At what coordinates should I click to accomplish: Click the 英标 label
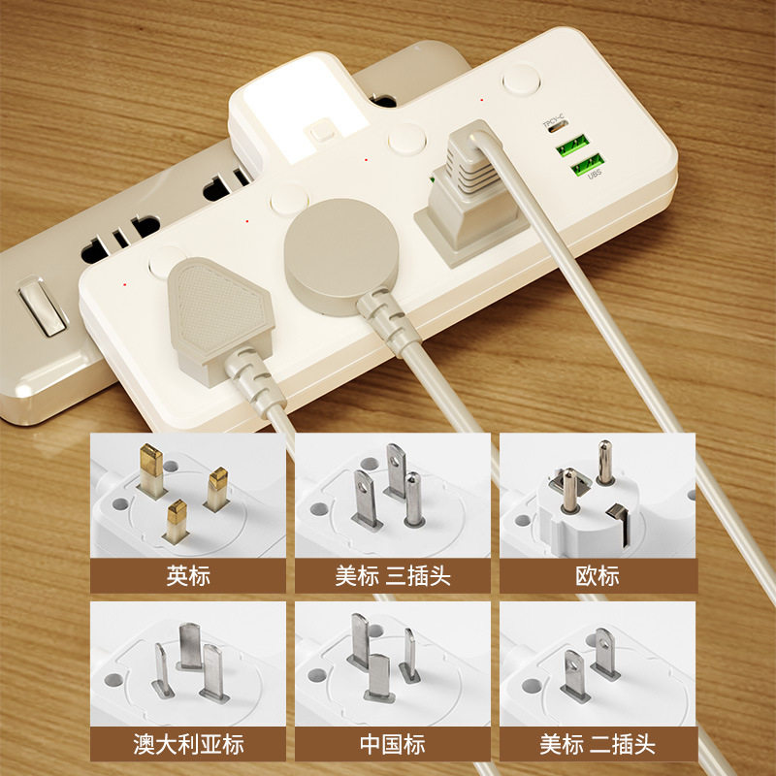coord(188,576)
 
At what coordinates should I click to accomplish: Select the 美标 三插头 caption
coord(393,576)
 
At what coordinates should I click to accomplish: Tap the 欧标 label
coord(597,576)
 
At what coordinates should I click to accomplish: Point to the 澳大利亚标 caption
coord(188,745)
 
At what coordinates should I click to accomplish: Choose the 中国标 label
coord(393,745)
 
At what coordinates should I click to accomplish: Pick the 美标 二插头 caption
coord(597,745)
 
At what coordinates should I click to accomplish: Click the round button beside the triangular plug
coord(166,261)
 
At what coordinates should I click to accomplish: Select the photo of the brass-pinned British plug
coord(188,496)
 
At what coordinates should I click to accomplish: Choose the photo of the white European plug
coord(597,496)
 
